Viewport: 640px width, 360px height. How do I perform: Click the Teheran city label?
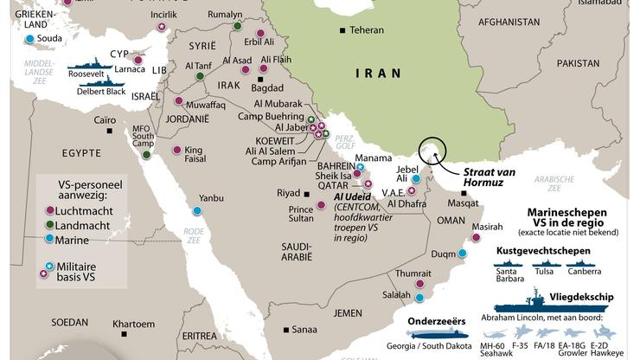click(367, 30)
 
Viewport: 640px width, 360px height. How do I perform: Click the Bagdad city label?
click(266, 87)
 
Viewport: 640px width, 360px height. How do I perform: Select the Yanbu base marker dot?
click(198, 210)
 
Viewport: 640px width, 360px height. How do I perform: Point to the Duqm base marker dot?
click(463, 254)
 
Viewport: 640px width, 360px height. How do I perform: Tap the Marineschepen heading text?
click(566, 212)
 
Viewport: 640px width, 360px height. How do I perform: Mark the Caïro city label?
click(105, 119)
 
